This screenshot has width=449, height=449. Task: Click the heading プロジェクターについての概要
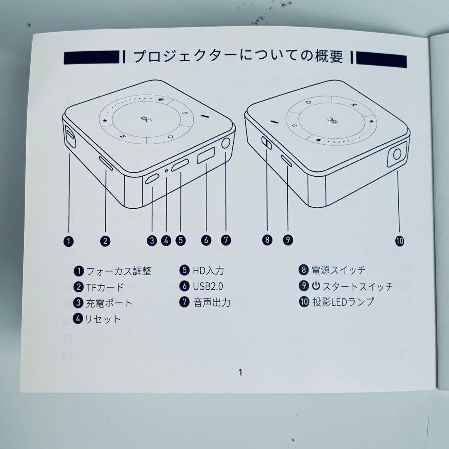point(238,57)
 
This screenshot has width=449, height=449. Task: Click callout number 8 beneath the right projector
point(267,240)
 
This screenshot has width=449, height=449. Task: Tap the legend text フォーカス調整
point(118,271)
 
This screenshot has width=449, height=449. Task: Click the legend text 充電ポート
point(109,303)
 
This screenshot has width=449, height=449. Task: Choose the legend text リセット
point(103,319)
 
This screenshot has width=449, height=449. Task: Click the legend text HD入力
point(208,271)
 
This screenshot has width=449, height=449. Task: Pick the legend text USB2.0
point(208,286)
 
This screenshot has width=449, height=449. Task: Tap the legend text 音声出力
point(212,302)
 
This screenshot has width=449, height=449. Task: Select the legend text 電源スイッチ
point(338,270)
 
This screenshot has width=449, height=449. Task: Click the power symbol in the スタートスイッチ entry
point(316,286)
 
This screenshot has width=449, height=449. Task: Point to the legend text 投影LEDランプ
point(343,302)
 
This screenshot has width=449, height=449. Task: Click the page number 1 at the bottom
point(240,373)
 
